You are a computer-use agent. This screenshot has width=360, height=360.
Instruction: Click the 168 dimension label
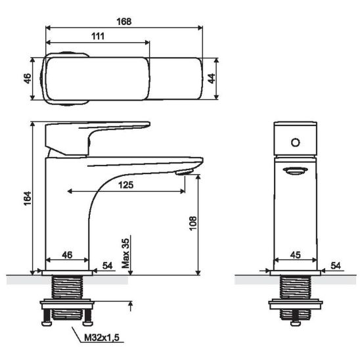click(124, 22)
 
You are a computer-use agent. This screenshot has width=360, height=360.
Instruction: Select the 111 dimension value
click(98, 36)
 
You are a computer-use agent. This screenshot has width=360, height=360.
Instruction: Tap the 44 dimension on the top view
click(212, 79)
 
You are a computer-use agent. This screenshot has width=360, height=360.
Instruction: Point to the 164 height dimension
click(28, 198)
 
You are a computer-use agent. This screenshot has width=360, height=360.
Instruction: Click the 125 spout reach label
click(126, 185)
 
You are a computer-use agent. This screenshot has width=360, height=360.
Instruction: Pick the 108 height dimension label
click(193, 223)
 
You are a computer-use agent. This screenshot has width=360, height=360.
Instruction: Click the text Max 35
click(125, 254)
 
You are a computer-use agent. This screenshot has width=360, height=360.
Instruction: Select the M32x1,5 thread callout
click(102, 338)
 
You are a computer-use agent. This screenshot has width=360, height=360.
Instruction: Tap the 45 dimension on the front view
click(295, 255)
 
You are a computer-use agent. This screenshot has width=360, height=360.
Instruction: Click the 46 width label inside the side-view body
click(67, 255)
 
